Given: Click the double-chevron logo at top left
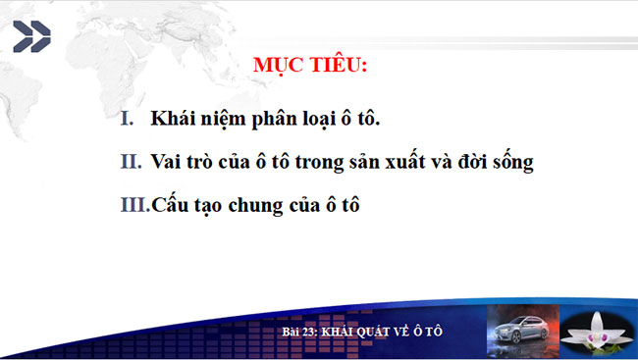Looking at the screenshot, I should (x=31, y=37).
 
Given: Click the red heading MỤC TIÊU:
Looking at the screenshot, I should (x=311, y=67).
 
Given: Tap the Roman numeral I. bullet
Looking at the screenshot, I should (x=127, y=119).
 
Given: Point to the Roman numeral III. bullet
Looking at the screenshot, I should (x=133, y=206).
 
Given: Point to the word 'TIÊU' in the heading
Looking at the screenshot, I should (x=339, y=67).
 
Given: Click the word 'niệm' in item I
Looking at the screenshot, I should (x=221, y=120).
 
